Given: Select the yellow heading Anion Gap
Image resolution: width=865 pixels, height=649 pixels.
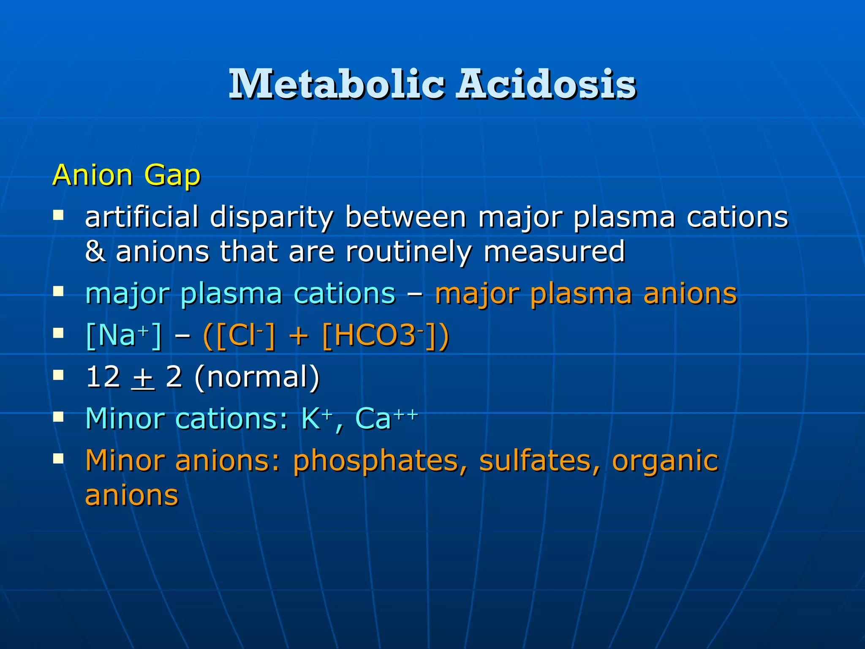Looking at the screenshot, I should pyautogui.click(x=126, y=175).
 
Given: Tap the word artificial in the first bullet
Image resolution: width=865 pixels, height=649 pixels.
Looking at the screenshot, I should pyautogui.click(x=141, y=217).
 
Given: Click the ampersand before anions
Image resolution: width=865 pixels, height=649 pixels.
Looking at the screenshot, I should pyautogui.click(x=95, y=251).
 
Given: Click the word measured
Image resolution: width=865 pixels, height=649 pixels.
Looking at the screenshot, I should pyautogui.click(x=554, y=251).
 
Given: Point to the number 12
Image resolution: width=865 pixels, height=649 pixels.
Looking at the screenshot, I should pyautogui.click(x=103, y=377).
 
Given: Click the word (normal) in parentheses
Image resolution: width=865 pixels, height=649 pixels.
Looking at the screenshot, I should pyautogui.click(x=257, y=377).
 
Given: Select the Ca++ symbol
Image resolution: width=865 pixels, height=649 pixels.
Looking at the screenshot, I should pyautogui.click(x=386, y=418).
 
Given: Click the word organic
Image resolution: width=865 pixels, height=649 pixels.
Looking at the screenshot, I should pyautogui.click(x=665, y=461).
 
